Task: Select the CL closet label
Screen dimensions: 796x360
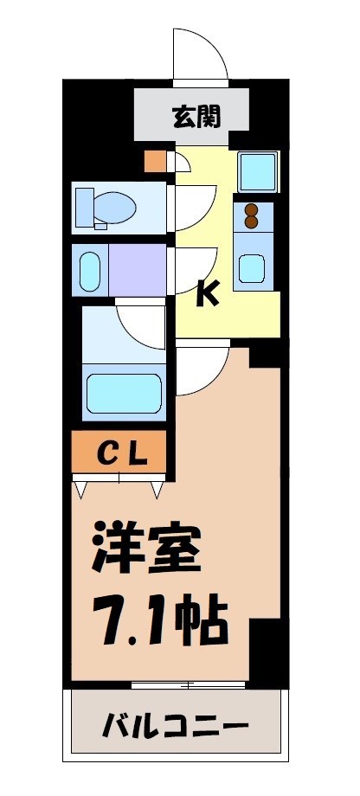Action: [119, 453]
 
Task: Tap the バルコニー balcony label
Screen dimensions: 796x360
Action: [177, 723]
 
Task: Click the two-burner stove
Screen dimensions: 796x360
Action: [253, 215]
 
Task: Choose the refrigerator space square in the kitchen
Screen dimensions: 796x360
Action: [257, 172]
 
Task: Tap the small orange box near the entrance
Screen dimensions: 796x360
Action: [155, 162]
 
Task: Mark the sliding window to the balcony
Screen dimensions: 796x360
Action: [188, 684]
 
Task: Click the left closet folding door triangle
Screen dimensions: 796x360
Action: [82, 491]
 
